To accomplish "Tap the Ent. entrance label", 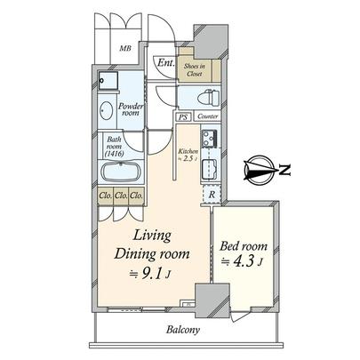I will click(165, 63).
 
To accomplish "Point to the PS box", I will click(182, 116).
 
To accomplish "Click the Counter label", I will click(208, 116).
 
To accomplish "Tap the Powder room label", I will click(131, 109).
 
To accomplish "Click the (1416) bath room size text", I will click(115, 153).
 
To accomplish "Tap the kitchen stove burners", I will click(212, 140).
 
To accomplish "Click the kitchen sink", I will click(212, 166).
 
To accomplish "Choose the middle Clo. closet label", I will click(122, 196).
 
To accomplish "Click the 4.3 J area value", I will click(243, 262).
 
